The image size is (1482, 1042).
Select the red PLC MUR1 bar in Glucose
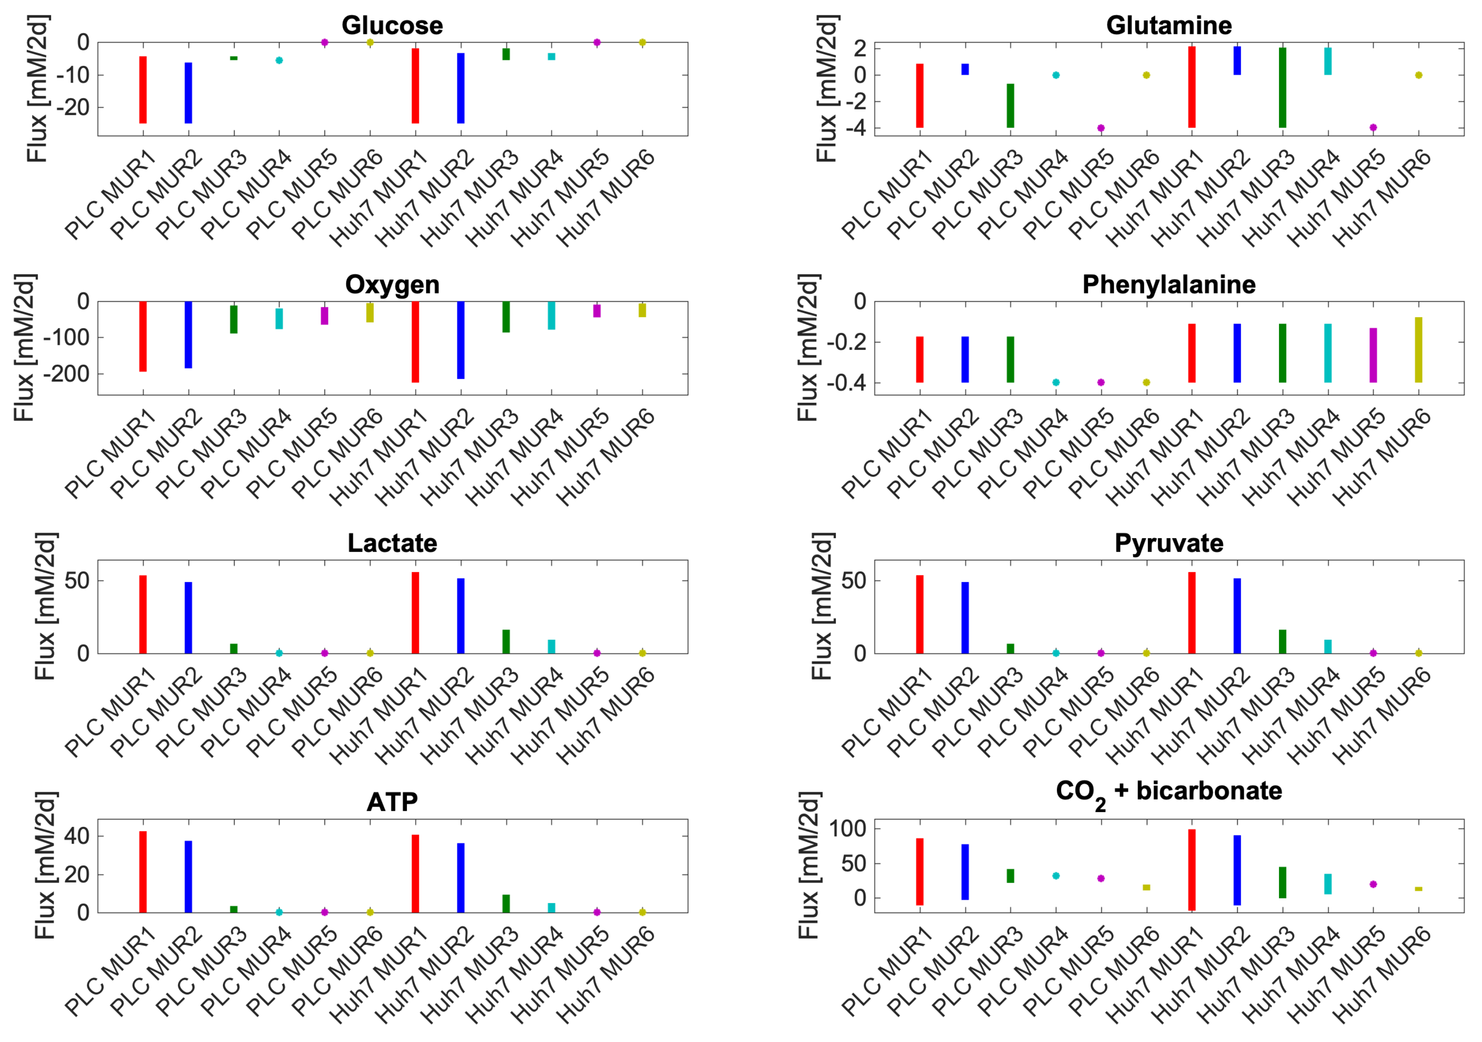143,90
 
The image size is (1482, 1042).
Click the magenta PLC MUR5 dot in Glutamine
1100,128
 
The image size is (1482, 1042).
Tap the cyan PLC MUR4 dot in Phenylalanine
1056,382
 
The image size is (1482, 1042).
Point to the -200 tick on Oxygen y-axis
66,374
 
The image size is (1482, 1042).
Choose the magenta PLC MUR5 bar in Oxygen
324,316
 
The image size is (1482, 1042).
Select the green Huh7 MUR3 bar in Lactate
506,641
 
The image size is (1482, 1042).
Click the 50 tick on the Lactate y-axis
76,580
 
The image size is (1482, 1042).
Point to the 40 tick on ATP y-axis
76,836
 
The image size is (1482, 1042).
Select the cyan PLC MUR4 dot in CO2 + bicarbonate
1056,876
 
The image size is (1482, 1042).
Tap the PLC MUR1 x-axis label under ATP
111,970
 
